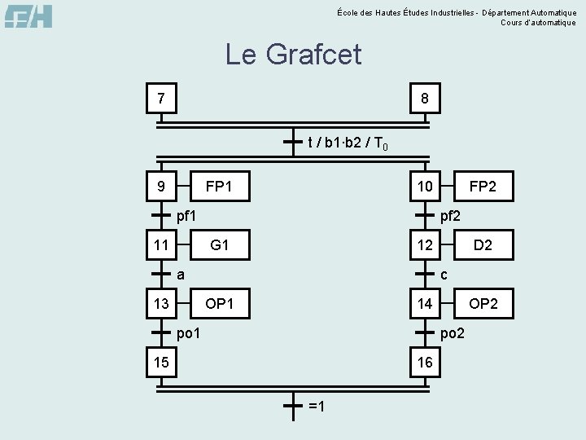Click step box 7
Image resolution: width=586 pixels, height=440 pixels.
tap(161, 99)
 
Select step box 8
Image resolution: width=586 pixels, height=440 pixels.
tap(425, 99)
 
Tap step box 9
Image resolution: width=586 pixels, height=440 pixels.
tap(161, 187)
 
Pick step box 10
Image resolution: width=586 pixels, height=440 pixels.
tap(425, 187)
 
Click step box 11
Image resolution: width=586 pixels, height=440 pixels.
tap(161, 244)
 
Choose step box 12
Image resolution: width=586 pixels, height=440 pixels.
tap(425, 244)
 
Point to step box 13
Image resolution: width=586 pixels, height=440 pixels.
tap(161, 304)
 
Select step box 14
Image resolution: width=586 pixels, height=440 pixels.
tap(425, 304)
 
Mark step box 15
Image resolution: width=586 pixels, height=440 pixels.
tap(161, 362)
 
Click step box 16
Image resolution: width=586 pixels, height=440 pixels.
tap(425, 362)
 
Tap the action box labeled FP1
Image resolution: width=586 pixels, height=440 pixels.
tap(219, 187)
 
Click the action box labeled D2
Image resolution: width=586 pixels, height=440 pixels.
tap(483, 244)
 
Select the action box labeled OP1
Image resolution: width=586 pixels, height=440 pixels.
tap(219, 304)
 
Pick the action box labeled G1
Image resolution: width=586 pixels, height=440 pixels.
tap(219, 244)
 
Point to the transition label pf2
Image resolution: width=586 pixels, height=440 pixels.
tap(450, 217)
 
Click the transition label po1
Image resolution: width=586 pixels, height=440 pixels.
tap(188, 332)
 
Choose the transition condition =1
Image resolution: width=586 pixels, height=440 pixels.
tap(317, 406)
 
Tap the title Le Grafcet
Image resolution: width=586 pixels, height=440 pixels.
tap(293, 55)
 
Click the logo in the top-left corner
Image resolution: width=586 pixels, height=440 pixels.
tap(28, 15)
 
